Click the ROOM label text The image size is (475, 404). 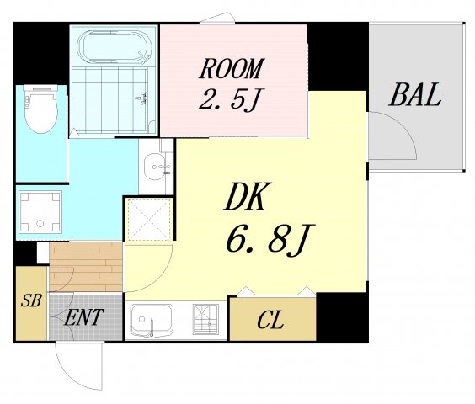[232, 68]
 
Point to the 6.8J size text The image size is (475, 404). [270, 239]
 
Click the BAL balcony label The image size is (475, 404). [415, 94]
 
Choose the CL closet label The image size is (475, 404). [270, 321]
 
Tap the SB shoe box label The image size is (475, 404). [31, 300]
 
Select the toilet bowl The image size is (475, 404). [41, 109]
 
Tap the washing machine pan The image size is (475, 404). [40, 212]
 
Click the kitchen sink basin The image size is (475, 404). [152, 321]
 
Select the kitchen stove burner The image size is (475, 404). [205, 319]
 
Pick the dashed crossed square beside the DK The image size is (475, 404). [149, 220]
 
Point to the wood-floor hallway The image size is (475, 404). [86, 267]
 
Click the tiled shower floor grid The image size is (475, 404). [109, 100]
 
